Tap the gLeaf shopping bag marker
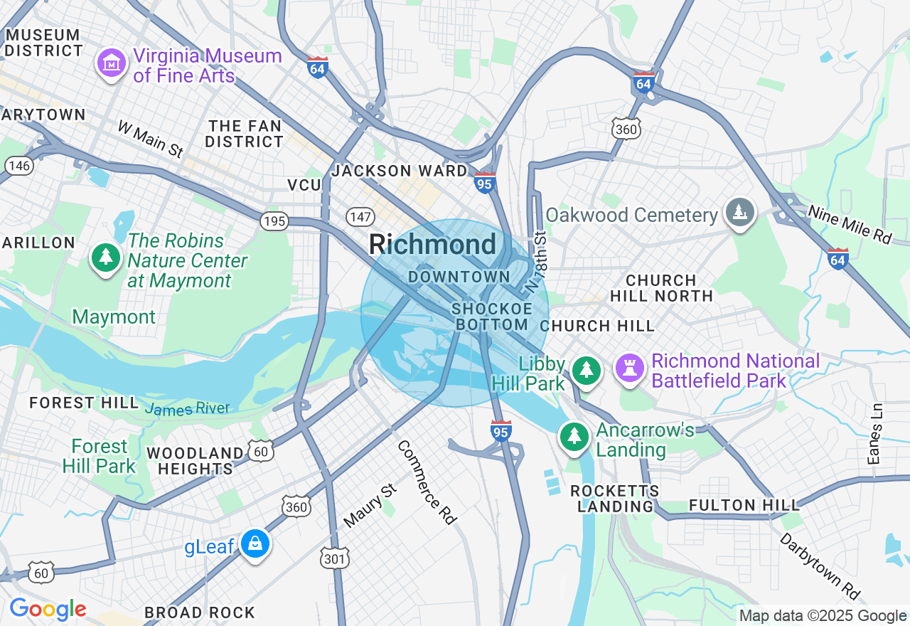tap(254, 544)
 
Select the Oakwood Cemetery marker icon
tap(740, 212)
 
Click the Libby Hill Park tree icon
tap(586, 370)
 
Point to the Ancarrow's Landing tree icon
tap(574, 436)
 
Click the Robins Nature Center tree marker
tap(106, 258)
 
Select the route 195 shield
tap(274, 221)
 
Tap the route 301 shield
tap(333, 558)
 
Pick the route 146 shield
tap(18, 166)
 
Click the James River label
tap(187, 408)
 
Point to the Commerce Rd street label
tap(426, 482)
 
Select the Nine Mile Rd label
tap(849, 225)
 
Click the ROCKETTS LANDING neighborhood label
tap(615, 499)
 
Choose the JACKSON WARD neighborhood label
tap(400, 171)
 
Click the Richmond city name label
tap(432, 245)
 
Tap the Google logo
tap(48, 609)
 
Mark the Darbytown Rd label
tap(820, 566)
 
